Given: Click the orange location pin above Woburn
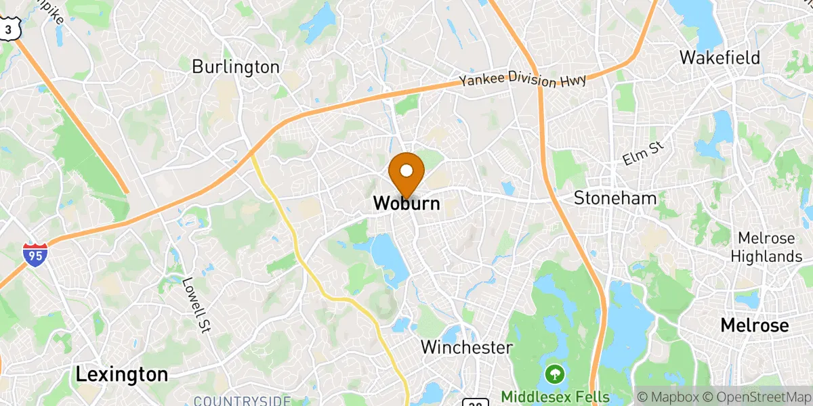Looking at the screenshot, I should (406, 171).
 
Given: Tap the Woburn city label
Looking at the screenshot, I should (406, 203).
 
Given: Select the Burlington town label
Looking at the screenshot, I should (236, 67).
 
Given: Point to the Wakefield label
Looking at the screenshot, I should (720, 58).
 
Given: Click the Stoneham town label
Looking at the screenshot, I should (615, 198).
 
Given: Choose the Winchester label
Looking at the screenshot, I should (466, 348).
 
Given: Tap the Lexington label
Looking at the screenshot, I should (122, 374).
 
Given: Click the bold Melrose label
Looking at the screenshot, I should (754, 325).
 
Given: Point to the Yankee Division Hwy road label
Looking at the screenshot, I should (522, 80).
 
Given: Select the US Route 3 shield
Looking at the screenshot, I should (7, 28).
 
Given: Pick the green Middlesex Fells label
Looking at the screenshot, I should (556, 397).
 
